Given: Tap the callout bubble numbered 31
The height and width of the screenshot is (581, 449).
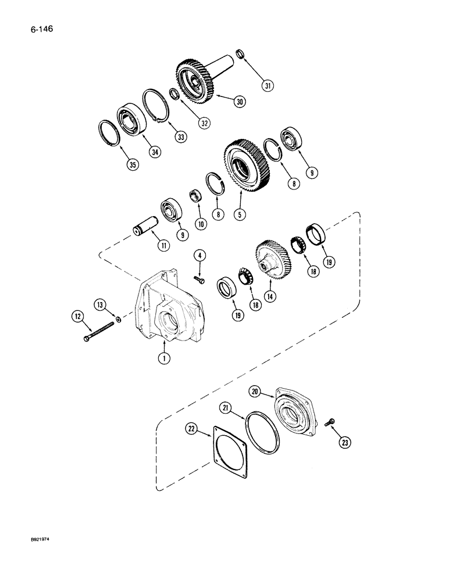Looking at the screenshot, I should click(268, 87).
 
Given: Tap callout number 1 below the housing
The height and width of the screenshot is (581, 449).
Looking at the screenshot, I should click(166, 358).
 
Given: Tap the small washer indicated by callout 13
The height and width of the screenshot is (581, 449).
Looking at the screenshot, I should click(119, 318).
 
